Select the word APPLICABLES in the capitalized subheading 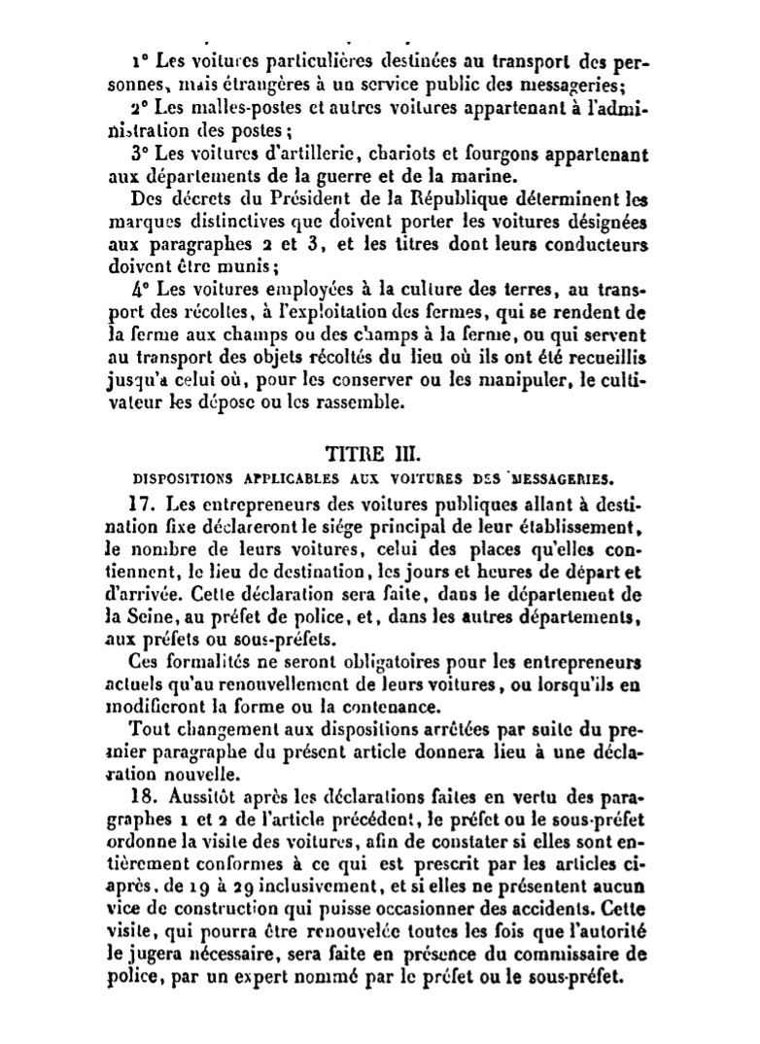coord(268,478)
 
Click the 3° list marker coord(139,154)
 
